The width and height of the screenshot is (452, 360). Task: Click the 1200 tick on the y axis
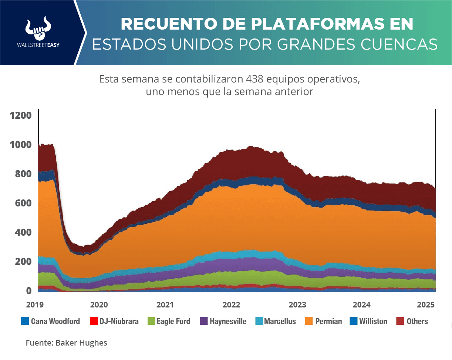21,115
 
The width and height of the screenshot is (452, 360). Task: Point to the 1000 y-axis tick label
21,145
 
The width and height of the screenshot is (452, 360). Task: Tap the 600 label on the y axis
24,203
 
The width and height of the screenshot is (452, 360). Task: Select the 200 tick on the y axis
24,262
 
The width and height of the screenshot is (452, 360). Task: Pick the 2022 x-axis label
232,305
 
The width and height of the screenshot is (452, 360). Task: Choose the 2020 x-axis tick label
99,305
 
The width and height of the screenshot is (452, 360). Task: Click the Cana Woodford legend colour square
25,322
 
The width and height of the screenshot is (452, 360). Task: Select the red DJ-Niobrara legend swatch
94,322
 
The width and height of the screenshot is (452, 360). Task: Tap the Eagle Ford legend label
173,322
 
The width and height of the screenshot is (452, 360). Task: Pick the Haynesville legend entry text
228,322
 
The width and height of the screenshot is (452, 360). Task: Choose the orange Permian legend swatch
309,322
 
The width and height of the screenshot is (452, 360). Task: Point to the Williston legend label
373,322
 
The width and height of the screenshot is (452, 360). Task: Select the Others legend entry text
417,322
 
